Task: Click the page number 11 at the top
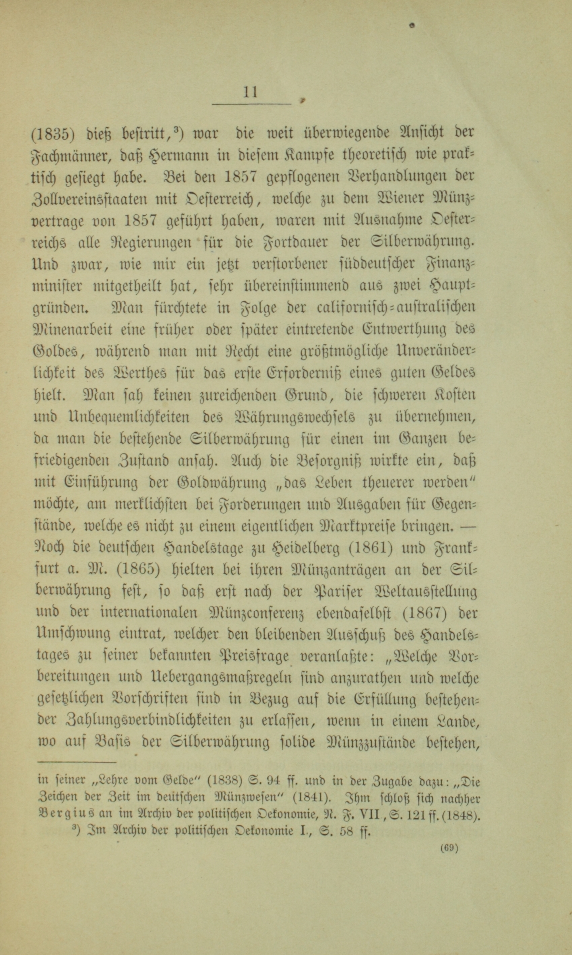click(250, 92)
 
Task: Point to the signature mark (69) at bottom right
click(450, 847)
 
